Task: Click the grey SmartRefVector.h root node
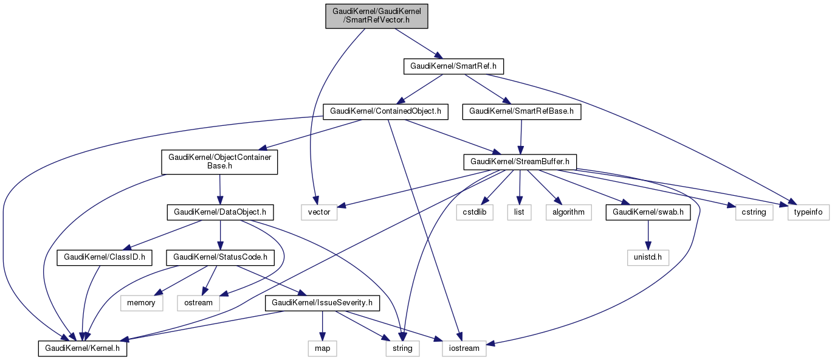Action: tap(377, 15)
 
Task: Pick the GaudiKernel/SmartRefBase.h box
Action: tap(521, 111)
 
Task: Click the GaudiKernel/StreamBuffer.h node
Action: tap(520, 162)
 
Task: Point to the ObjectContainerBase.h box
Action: tap(219, 161)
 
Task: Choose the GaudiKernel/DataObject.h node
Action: tap(220, 212)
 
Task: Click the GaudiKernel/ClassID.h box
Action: tap(102, 257)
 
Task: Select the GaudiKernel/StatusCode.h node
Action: tap(220, 257)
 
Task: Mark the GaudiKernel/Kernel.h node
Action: tap(83, 348)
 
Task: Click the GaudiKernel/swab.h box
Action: tap(649, 212)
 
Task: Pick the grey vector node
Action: tap(319, 212)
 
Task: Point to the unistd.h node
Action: tap(649, 257)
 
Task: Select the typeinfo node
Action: tap(809, 212)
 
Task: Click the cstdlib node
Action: tap(475, 212)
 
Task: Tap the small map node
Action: tap(322, 348)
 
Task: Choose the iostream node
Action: tap(464, 348)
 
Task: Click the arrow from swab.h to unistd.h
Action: tap(649, 235)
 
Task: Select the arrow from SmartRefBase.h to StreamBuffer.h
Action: tap(520, 136)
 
